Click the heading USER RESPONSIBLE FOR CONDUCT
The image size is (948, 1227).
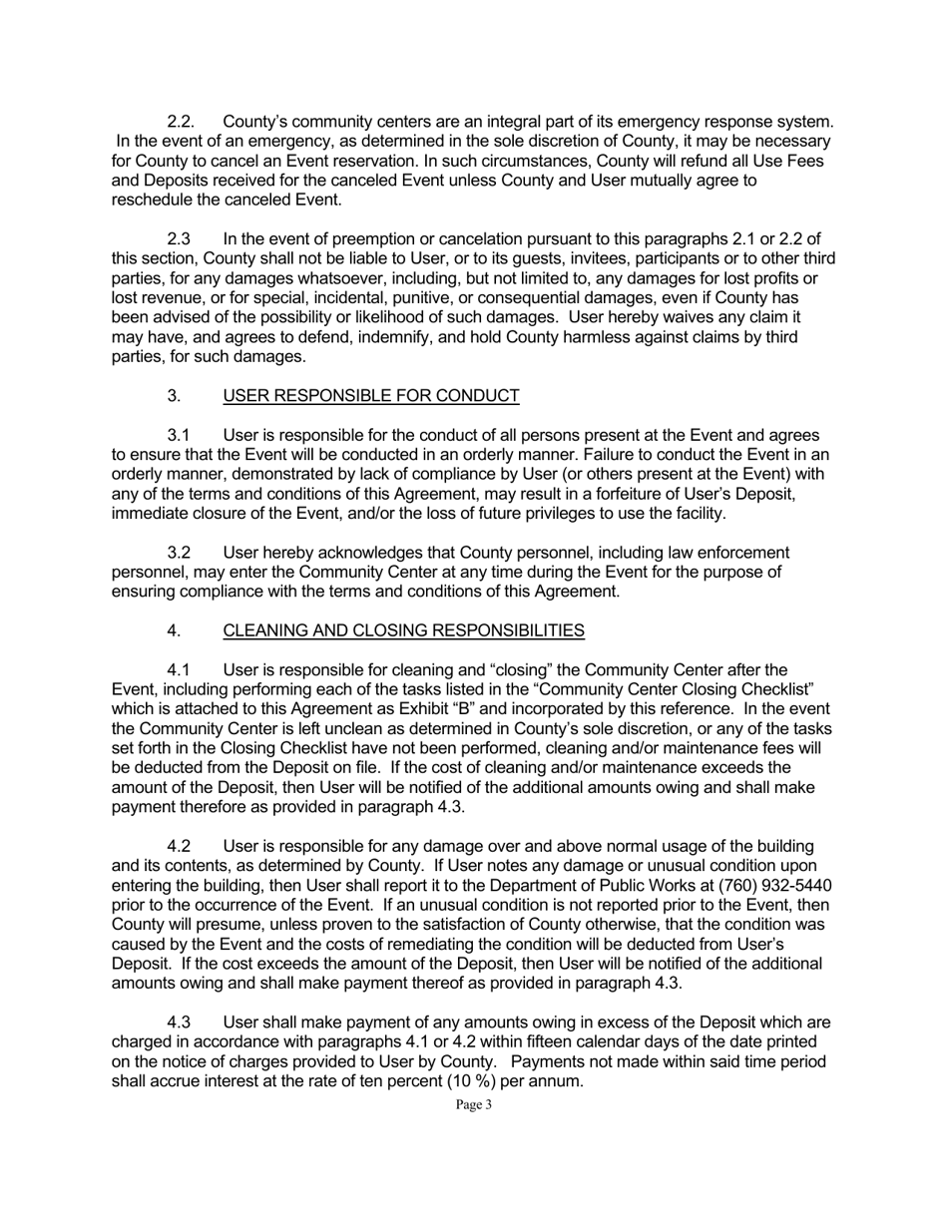(370, 396)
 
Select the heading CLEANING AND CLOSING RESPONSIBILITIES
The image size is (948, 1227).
(403, 630)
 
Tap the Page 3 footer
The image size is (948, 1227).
(473, 1104)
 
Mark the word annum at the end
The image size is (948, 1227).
(555, 1080)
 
